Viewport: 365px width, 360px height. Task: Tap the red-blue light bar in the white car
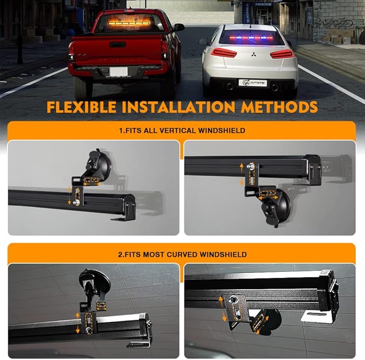[252, 38]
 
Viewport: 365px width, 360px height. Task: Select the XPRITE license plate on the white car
[252, 83]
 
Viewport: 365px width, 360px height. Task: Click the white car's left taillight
[224, 53]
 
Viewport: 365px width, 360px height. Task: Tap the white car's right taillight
[282, 54]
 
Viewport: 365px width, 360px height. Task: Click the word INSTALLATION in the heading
[181, 106]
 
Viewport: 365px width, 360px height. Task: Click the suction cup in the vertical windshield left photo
[99, 163]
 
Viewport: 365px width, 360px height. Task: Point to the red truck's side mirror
[179, 27]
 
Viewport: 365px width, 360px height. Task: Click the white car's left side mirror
[203, 41]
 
